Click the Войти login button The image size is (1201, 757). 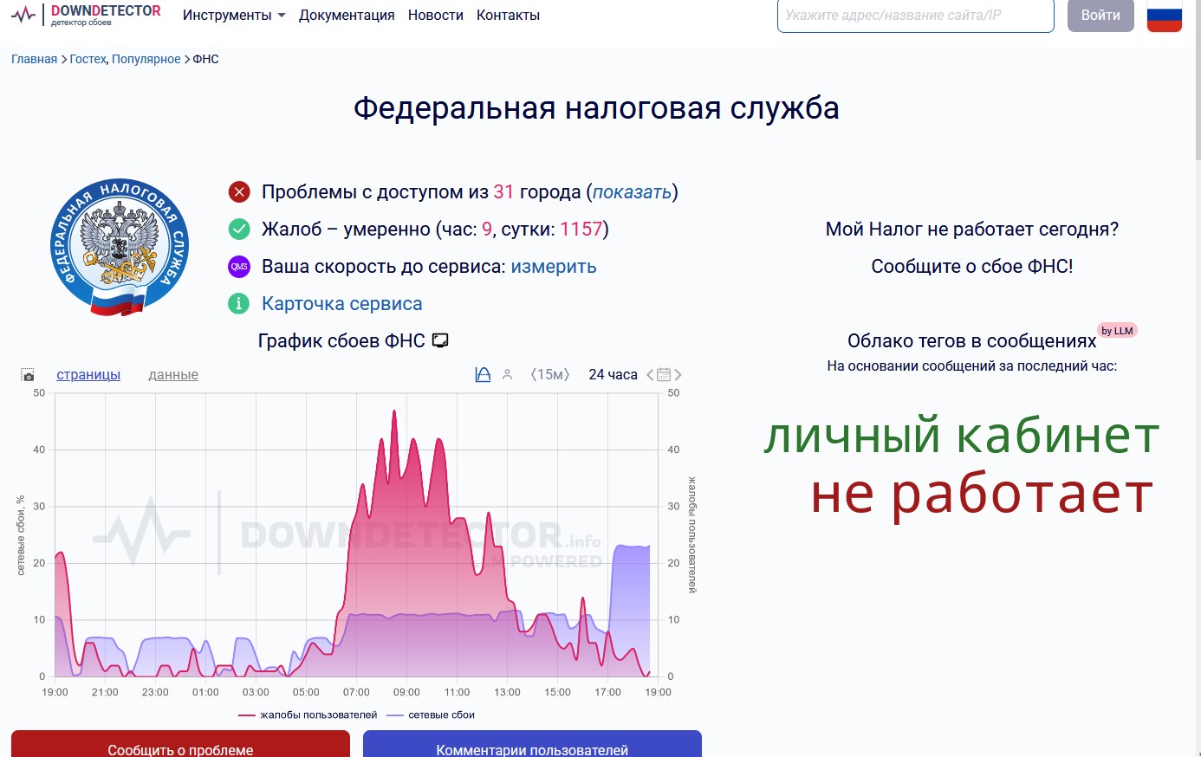[1100, 15]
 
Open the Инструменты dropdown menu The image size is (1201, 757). [234, 15]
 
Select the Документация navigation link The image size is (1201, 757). [347, 15]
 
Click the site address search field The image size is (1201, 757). [915, 15]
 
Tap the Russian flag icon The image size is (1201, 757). [1164, 16]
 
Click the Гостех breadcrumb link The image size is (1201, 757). [88, 59]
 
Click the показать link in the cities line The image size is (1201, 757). [632, 191]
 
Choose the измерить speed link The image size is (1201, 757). [554, 266]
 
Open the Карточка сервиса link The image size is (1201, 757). [342, 304]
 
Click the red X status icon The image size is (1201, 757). [239, 191]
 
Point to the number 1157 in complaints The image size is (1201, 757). [581, 230]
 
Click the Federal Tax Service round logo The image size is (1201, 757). [119, 247]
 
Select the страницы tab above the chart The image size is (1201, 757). [88, 374]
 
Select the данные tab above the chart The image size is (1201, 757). [173, 374]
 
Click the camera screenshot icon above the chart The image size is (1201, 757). [28, 374]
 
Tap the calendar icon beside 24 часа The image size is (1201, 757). [664, 374]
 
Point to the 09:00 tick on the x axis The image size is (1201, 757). [406, 692]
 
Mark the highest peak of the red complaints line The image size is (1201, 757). [394, 411]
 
